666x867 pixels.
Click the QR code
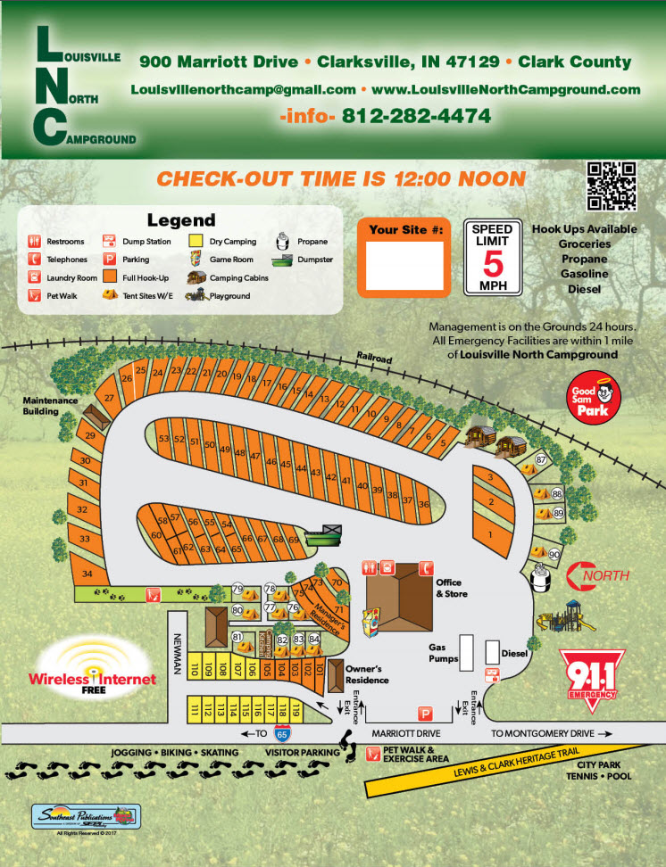(612, 186)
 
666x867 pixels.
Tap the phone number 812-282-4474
(416, 116)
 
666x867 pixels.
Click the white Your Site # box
(406, 265)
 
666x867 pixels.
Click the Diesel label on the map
(515, 653)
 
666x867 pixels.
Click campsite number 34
(87, 573)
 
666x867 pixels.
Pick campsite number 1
(489, 534)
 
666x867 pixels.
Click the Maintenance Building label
(52, 406)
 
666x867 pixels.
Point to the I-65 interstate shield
(282, 734)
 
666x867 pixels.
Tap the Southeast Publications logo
(86, 816)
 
